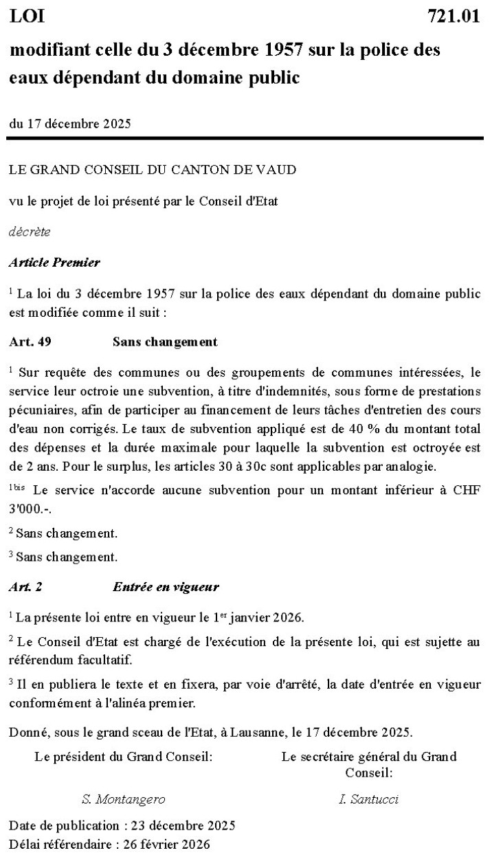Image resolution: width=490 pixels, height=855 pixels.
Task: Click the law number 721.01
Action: click(453, 17)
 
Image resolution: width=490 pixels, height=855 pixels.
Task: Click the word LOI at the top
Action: click(27, 17)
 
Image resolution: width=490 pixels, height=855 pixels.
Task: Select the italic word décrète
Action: click(30, 232)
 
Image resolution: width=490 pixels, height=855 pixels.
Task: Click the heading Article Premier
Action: click(54, 263)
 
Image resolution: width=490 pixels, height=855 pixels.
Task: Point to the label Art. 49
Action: click(30, 342)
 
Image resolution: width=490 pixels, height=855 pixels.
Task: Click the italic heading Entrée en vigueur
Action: click(166, 587)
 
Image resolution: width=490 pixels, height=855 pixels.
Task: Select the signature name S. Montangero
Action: click(123, 799)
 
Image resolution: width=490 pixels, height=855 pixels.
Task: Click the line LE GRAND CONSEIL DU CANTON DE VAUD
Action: click(153, 169)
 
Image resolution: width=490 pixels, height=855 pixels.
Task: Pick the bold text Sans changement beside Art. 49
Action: click(165, 342)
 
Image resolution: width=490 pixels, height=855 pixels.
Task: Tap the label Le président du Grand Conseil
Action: click(123, 757)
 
